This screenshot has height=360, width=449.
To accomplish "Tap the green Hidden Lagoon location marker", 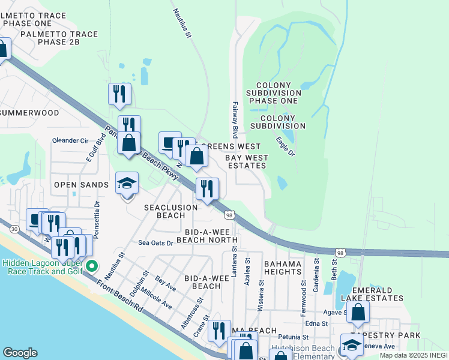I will coord(91,265).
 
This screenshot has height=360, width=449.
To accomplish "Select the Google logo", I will coord(20,353).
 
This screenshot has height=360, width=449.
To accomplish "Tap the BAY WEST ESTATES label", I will coord(246,161).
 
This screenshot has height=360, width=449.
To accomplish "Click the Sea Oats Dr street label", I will coord(155,243).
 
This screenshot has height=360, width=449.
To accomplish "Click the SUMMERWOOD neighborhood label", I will coord(29,113).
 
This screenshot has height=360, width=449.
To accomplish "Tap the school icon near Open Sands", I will coord(127,184).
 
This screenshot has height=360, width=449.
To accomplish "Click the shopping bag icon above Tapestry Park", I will coord(358,313).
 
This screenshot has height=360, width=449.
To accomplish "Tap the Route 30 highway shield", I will coord(14,229).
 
